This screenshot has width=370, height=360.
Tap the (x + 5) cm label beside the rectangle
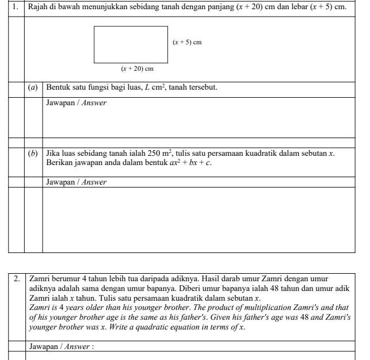(188, 43)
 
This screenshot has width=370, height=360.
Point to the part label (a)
(33, 87)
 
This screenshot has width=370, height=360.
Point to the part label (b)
(33, 153)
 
